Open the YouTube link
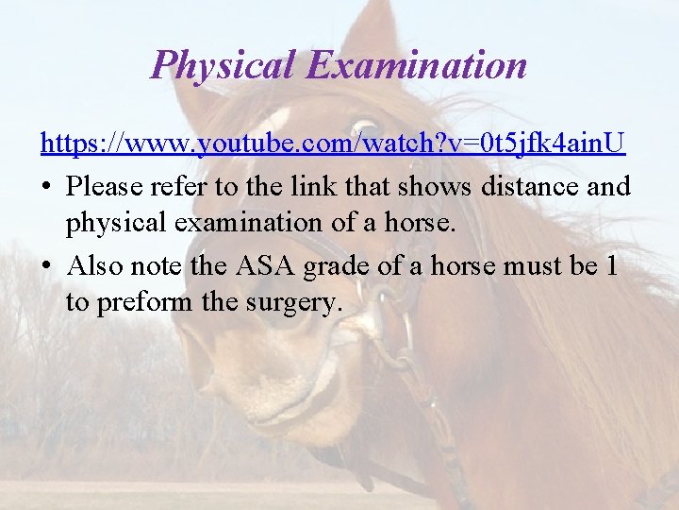pyautogui.click(x=333, y=144)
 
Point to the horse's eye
pyautogui.click(x=363, y=129)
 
